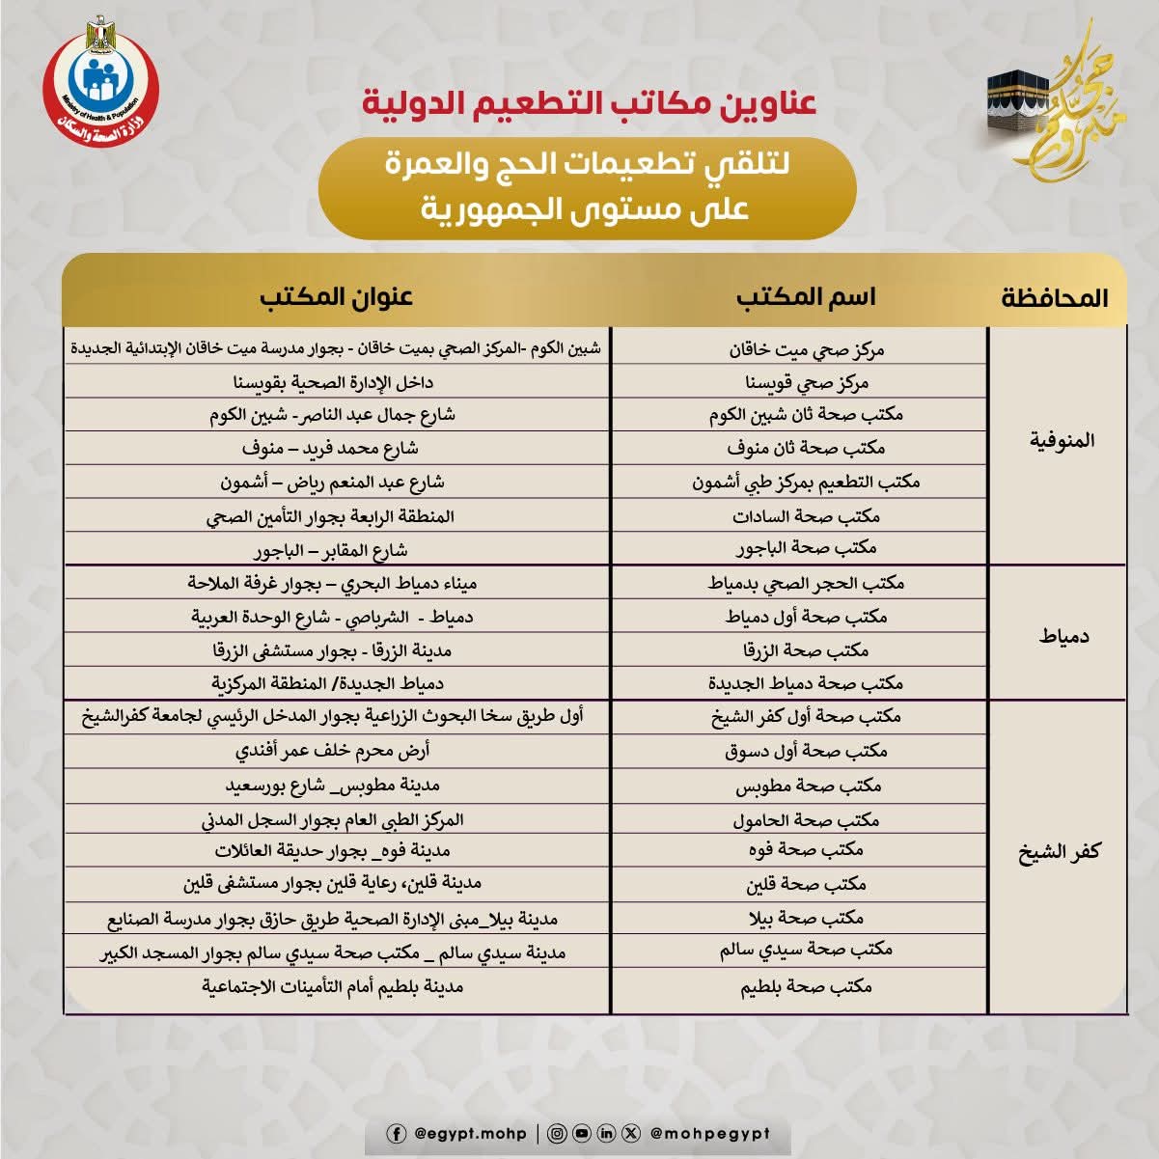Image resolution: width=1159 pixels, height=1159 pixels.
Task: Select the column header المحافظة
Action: tap(1054, 297)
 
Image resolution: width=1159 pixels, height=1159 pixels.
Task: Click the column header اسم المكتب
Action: tap(806, 296)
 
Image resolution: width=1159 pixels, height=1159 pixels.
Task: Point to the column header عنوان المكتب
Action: tap(336, 296)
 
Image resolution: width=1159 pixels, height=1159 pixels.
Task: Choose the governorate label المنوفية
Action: tap(1062, 441)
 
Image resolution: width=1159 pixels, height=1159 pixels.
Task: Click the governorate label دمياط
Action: tap(1063, 636)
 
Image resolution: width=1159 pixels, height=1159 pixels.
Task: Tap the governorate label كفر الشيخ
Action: tap(1060, 853)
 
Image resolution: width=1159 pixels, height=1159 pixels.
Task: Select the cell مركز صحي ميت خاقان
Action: tap(807, 349)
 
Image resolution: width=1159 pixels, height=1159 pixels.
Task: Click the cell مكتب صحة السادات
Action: tap(807, 516)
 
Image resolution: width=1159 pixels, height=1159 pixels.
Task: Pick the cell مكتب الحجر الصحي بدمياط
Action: tap(807, 584)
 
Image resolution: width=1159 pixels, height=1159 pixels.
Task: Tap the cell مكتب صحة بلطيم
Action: tap(807, 987)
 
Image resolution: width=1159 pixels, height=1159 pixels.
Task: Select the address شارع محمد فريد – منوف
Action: tap(330, 449)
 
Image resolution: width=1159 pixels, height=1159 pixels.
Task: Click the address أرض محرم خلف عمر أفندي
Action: tap(333, 751)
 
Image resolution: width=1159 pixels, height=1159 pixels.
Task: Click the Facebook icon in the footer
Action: tap(396, 1134)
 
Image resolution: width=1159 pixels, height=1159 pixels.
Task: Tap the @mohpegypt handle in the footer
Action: tap(709, 1134)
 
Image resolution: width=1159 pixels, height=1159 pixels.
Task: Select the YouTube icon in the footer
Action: tap(581, 1134)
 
